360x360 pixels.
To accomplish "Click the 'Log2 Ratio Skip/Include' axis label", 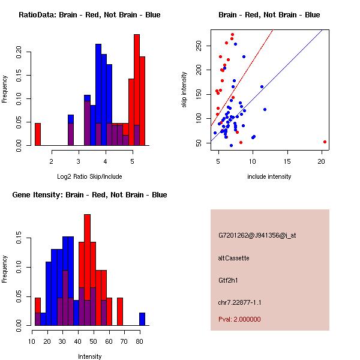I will click(89, 176).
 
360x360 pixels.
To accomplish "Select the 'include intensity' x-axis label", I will click(269, 176).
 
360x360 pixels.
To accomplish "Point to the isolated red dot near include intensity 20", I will click(325, 142).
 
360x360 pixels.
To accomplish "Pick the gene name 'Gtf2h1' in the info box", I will click(229, 280).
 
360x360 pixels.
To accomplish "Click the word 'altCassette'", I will click(233, 258).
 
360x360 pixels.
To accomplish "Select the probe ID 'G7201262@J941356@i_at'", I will click(257, 235).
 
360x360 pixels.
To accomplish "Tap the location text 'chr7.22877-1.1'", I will click(240, 302).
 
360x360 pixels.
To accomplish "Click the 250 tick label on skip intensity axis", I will click(197, 46).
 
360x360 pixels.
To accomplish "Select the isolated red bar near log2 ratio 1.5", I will click(38, 134).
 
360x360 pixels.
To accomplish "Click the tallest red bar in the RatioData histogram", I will click(137, 90).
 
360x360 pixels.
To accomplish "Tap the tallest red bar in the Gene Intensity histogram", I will click(88, 270).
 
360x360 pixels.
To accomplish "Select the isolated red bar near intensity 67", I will click(119, 311).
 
